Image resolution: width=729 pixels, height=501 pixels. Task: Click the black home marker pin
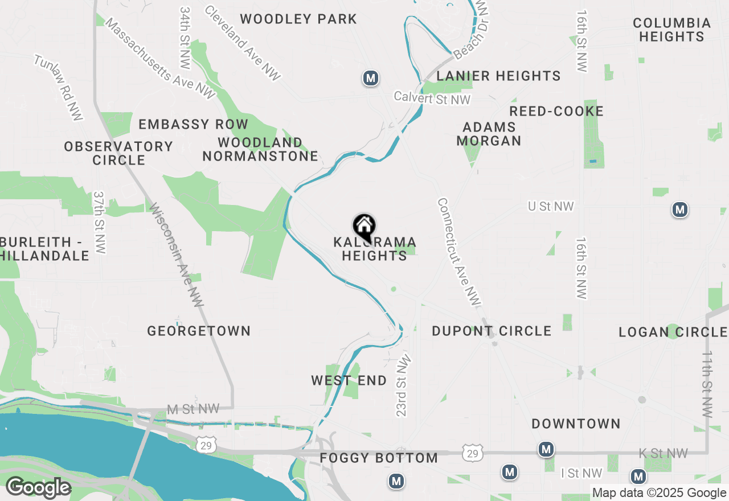click(364, 227)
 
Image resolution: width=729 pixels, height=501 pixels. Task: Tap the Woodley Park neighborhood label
click(298, 19)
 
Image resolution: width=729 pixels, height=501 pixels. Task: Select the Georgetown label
click(199, 331)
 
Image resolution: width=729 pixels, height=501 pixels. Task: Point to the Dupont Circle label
click(492, 331)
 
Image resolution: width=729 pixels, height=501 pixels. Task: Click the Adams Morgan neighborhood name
click(489, 134)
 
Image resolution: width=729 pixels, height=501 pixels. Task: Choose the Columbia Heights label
click(671, 30)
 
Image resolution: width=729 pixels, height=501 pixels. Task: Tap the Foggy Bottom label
click(379, 458)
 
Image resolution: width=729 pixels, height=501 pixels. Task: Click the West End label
click(349, 380)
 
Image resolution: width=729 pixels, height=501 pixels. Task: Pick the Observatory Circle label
click(118, 153)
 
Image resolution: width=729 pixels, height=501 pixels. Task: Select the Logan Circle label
click(673, 332)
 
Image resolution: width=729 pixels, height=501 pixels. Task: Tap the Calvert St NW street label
click(433, 98)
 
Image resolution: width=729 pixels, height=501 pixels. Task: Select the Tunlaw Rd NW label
click(59, 88)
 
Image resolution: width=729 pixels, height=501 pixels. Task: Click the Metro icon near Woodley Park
click(371, 78)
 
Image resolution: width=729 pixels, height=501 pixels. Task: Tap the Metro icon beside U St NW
click(679, 210)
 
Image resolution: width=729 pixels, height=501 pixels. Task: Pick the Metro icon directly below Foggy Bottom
click(396, 482)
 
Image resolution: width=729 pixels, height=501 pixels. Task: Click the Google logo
click(38, 488)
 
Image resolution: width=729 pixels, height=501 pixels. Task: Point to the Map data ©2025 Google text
click(658, 493)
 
